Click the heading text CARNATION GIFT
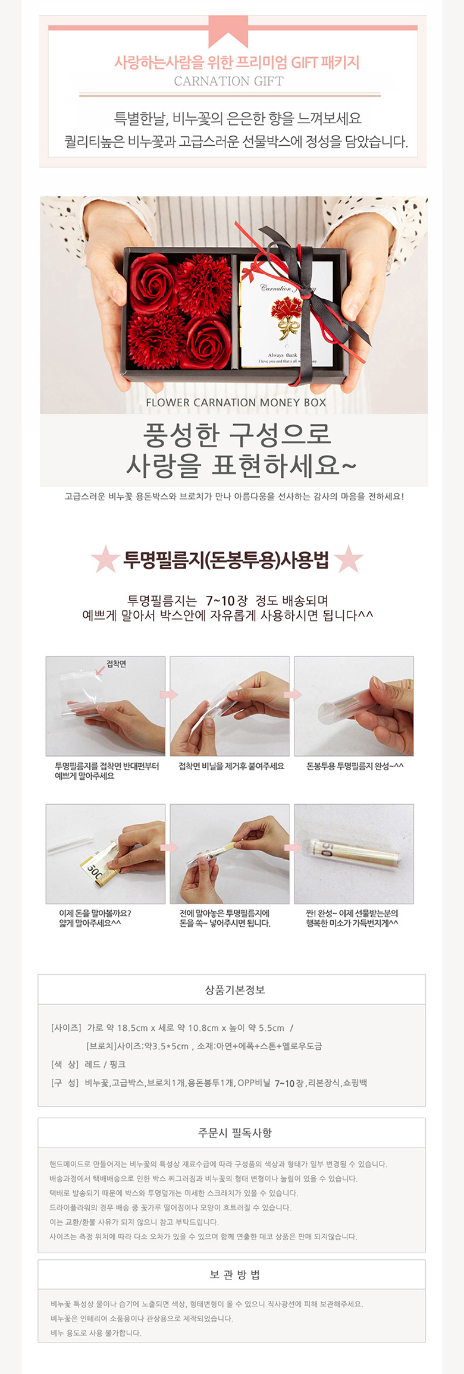pyautogui.click(x=228, y=81)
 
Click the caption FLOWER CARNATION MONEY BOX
pyautogui.click(x=236, y=403)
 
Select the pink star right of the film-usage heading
pyautogui.click(x=349, y=559)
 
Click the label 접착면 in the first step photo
pyautogui.click(x=116, y=664)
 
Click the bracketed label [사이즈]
pyautogui.click(x=65, y=1027)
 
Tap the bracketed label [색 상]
pyautogui.click(x=65, y=1064)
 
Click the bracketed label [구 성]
pyautogui.click(x=65, y=1083)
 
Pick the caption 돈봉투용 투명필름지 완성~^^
pyautogui.click(x=355, y=766)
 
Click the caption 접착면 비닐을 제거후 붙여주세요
pyautogui.click(x=231, y=766)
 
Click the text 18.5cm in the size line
pyautogui.click(x=132, y=1027)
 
